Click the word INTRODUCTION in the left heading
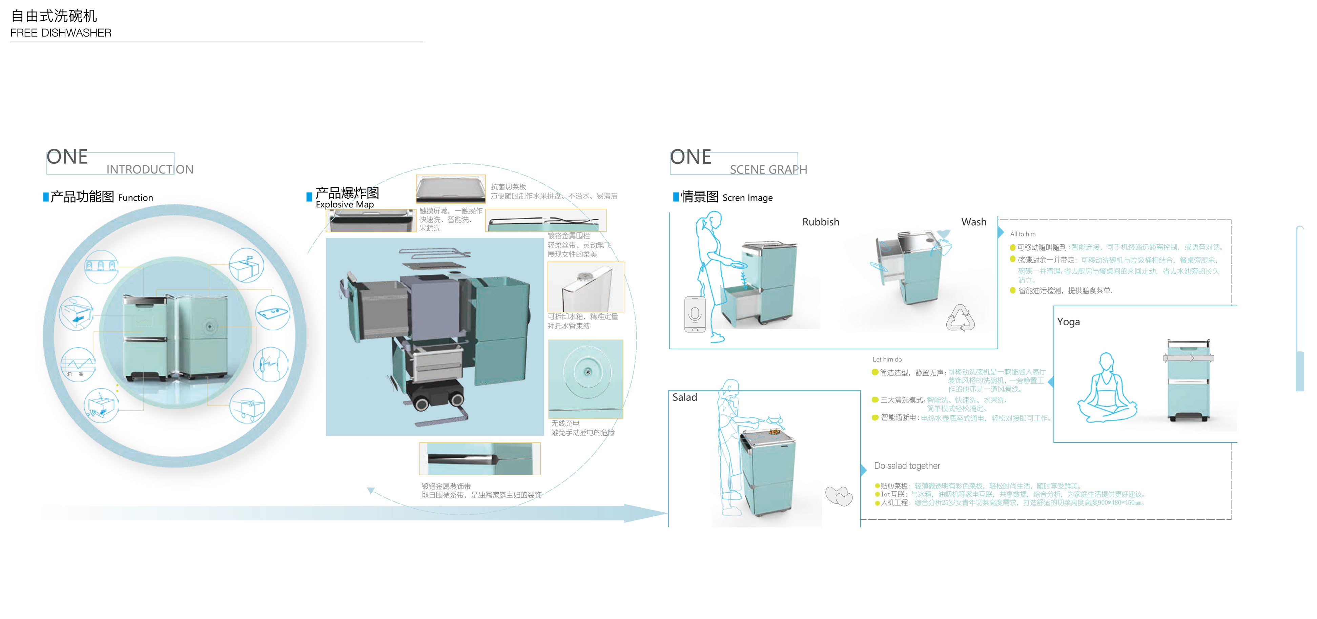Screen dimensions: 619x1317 coord(150,169)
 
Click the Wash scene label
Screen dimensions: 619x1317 coord(973,222)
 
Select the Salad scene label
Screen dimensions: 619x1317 coord(684,397)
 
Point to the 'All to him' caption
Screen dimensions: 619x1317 coord(1023,234)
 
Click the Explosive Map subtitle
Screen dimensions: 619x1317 coord(345,204)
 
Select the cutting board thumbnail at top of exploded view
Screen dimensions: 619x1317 coord(450,189)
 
